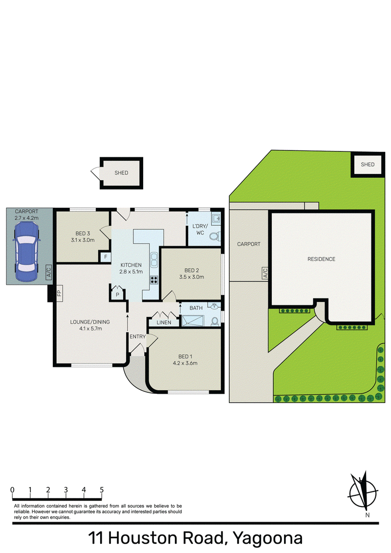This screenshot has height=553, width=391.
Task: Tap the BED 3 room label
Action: [83, 234]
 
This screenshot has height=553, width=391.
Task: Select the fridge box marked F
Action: [105, 257]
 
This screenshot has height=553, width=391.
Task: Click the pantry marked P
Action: [117, 294]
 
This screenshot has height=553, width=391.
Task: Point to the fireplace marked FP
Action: [59, 293]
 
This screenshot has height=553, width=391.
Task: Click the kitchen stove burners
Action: [154, 280]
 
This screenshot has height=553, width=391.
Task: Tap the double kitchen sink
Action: [154, 260]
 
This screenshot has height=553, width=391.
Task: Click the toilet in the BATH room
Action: [215, 321]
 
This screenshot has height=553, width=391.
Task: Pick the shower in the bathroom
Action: [193, 320]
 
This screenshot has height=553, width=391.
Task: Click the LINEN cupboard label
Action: [164, 322]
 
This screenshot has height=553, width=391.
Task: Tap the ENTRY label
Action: [138, 337]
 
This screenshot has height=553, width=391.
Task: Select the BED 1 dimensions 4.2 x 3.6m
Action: [185, 363]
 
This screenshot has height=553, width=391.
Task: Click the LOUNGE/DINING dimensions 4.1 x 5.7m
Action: [91, 328]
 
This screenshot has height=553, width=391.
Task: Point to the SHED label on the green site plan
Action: [368, 164]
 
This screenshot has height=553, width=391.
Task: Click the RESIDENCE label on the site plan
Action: [321, 259]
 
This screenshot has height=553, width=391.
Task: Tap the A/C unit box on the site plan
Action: [265, 273]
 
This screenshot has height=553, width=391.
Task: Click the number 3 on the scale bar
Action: [66, 489]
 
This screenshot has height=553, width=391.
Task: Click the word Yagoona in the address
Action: [267, 538]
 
